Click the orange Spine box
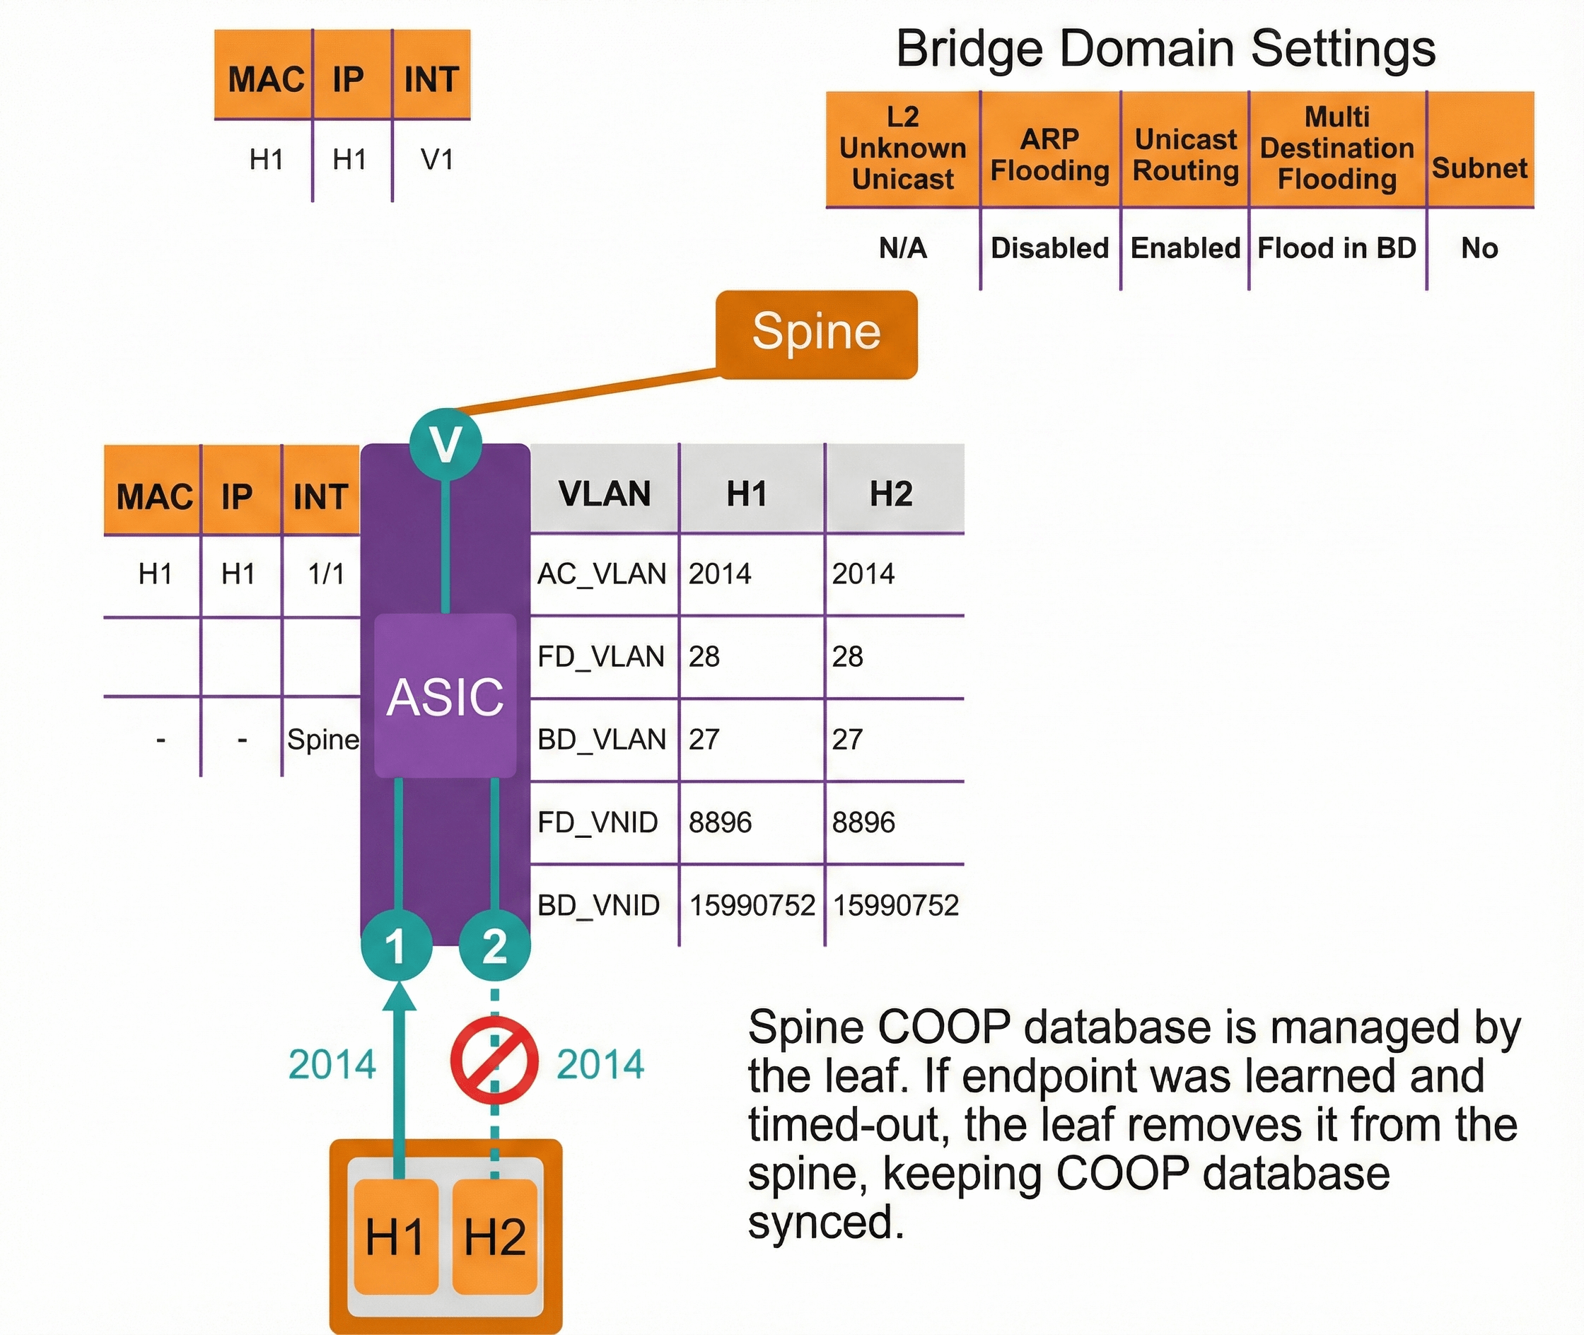point(816,334)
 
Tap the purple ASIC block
point(445,696)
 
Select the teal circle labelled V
point(445,443)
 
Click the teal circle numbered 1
point(396,945)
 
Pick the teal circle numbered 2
point(495,945)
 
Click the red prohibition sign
point(494,1061)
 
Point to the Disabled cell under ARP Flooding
point(1049,248)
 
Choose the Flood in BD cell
point(1336,248)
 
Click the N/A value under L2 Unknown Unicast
point(902,248)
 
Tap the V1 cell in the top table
point(438,160)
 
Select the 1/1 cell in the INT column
point(326,573)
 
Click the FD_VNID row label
point(598,822)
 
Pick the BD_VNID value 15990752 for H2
point(895,905)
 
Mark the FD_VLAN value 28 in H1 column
point(704,656)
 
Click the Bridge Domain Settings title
point(1165,48)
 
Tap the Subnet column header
point(1479,168)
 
